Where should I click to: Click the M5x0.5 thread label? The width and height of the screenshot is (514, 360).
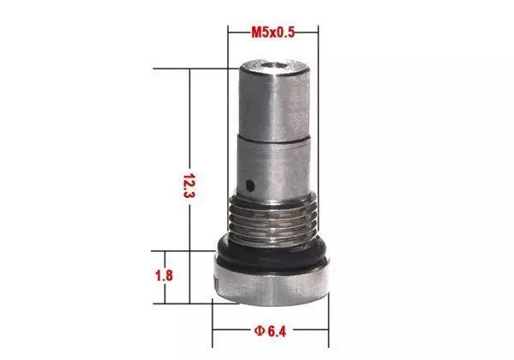pyautogui.click(x=273, y=32)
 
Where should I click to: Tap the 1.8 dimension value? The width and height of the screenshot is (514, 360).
pyautogui.click(x=166, y=276)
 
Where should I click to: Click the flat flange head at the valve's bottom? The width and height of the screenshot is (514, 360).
pyautogui.click(x=272, y=283)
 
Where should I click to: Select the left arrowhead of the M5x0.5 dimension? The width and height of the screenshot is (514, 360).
pyautogui.click(x=231, y=32)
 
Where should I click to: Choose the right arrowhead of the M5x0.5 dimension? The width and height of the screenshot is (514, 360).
pyautogui.click(x=314, y=32)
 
